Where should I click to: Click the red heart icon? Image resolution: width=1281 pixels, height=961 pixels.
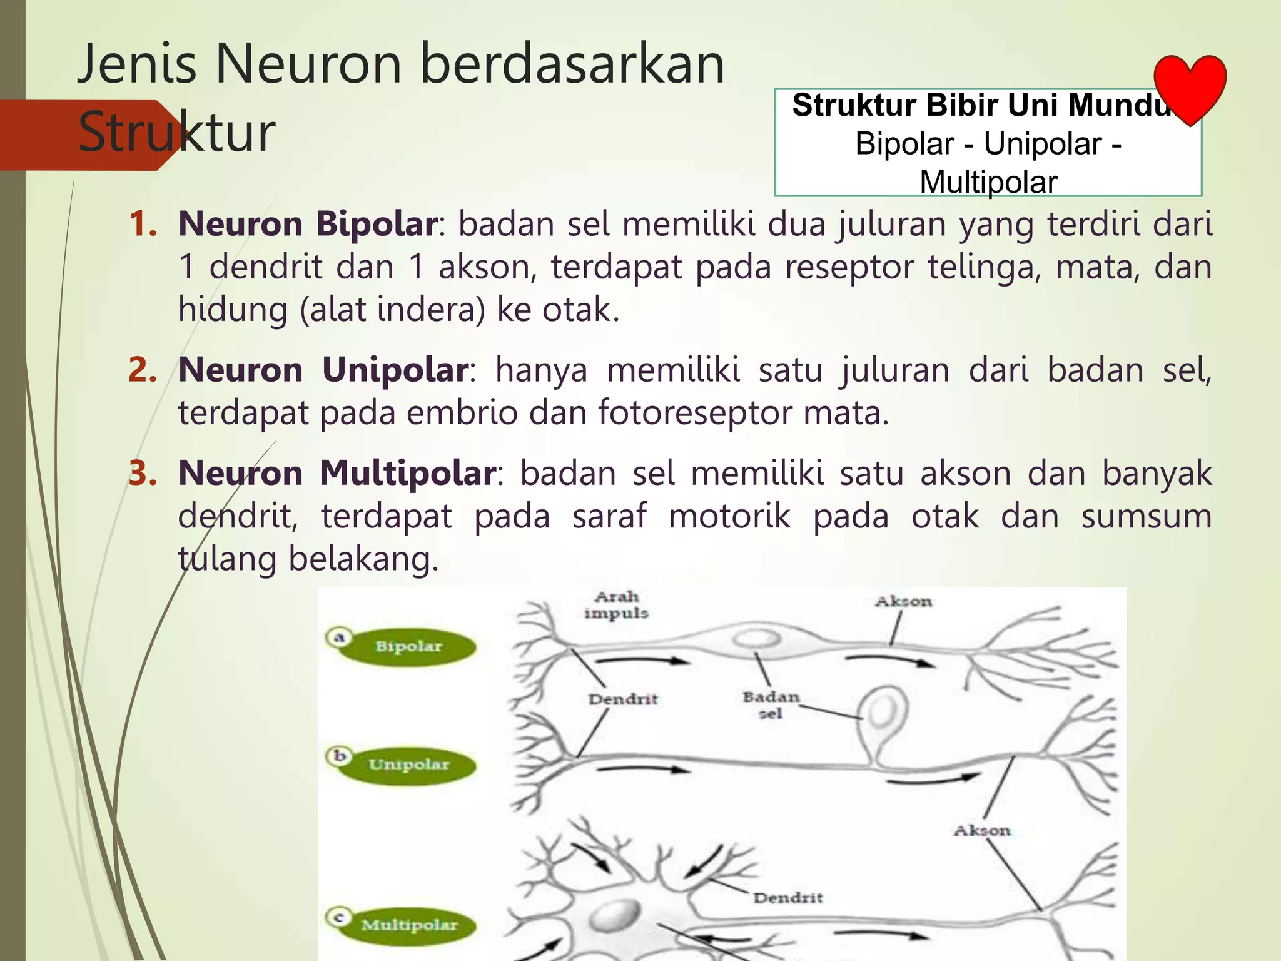click(x=1190, y=88)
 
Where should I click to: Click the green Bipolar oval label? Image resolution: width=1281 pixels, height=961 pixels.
click(x=408, y=646)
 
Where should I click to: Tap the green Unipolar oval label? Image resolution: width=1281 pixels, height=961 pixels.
click(x=408, y=765)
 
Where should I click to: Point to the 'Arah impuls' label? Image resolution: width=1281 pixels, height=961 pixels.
click(x=616, y=605)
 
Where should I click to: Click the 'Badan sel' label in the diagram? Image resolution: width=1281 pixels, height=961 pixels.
click(x=771, y=704)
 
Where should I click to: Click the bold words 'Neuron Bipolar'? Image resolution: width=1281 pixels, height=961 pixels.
click(x=307, y=223)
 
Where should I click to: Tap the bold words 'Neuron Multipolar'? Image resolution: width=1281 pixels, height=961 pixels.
click(x=337, y=473)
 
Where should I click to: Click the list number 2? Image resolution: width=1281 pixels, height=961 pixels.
click(x=142, y=370)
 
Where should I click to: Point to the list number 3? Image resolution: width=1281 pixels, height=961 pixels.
click(x=142, y=473)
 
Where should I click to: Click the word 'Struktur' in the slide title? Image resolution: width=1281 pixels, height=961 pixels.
click(x=176, y=132)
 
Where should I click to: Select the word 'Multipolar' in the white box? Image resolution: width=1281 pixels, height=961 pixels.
click(x=988, y=182)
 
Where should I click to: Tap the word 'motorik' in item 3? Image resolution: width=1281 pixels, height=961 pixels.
click(x=729, y=516)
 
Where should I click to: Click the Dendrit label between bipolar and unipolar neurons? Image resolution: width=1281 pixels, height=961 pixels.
click(x=623, y=699)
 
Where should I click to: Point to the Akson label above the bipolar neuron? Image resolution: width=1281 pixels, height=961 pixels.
click(x=903, y=601)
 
